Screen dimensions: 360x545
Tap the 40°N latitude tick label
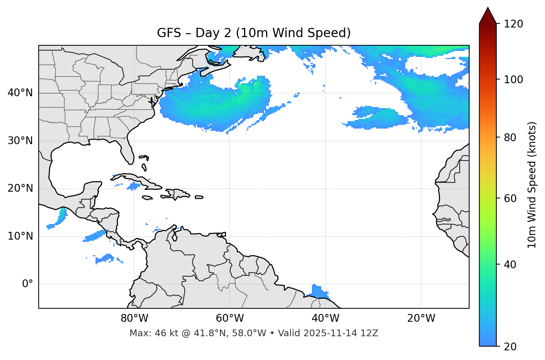(20, 93)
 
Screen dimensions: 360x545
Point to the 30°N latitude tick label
(20, 141)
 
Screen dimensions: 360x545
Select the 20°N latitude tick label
(20, 188)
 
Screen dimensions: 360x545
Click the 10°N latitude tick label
(20, 236)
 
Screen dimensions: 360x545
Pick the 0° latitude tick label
(28, 284)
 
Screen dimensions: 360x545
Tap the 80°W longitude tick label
(134, 318)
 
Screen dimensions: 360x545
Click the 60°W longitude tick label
(230, 318)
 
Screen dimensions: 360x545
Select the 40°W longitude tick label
(325, 318)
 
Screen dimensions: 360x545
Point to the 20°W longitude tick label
(421, 318)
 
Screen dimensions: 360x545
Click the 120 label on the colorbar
(513, 24)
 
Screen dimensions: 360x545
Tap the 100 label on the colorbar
(513, 80)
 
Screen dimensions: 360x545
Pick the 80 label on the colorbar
(510, 137)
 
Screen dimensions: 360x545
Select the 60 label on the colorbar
(510, 198)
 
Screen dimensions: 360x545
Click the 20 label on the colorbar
(510, 347)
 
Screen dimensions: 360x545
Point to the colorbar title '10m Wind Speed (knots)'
(532, 185)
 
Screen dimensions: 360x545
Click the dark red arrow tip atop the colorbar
(487, 15)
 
